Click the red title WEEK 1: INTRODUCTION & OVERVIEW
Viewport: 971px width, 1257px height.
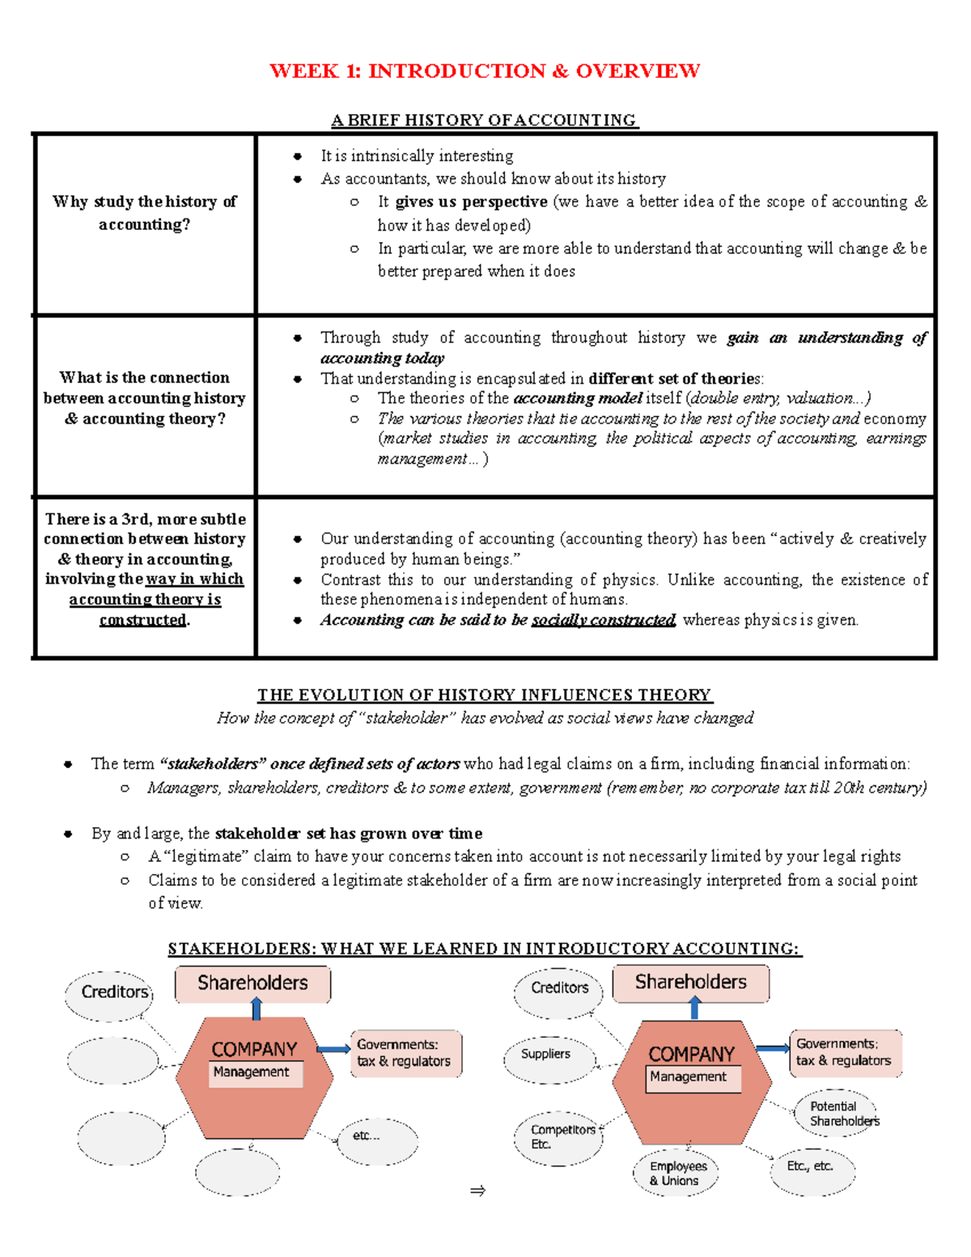[485, 71]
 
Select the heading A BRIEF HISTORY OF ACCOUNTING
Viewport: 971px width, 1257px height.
[485, 121]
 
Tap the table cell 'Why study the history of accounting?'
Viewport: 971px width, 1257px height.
[145, 213]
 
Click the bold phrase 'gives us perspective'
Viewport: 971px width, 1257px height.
[471, 202]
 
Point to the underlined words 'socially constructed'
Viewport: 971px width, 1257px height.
[603, 620]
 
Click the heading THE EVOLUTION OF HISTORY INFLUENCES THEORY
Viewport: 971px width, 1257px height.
[485, 695]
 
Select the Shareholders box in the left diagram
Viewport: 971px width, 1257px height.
[252, 983]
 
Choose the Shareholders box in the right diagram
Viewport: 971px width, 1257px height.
[690, 983]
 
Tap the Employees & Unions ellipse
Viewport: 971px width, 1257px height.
[677, 1173]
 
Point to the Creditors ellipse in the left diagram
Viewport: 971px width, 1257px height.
[111, 993]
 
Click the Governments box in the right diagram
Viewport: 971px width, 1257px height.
[844, 1052]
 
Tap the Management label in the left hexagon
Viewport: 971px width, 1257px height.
[252, 1072]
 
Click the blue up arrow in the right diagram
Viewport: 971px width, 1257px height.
[694, 1009]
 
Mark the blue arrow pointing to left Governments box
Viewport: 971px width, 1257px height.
[333, 1050]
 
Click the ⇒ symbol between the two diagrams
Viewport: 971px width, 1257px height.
[477, 1191]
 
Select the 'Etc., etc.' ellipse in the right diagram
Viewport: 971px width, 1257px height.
[812, 1168]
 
